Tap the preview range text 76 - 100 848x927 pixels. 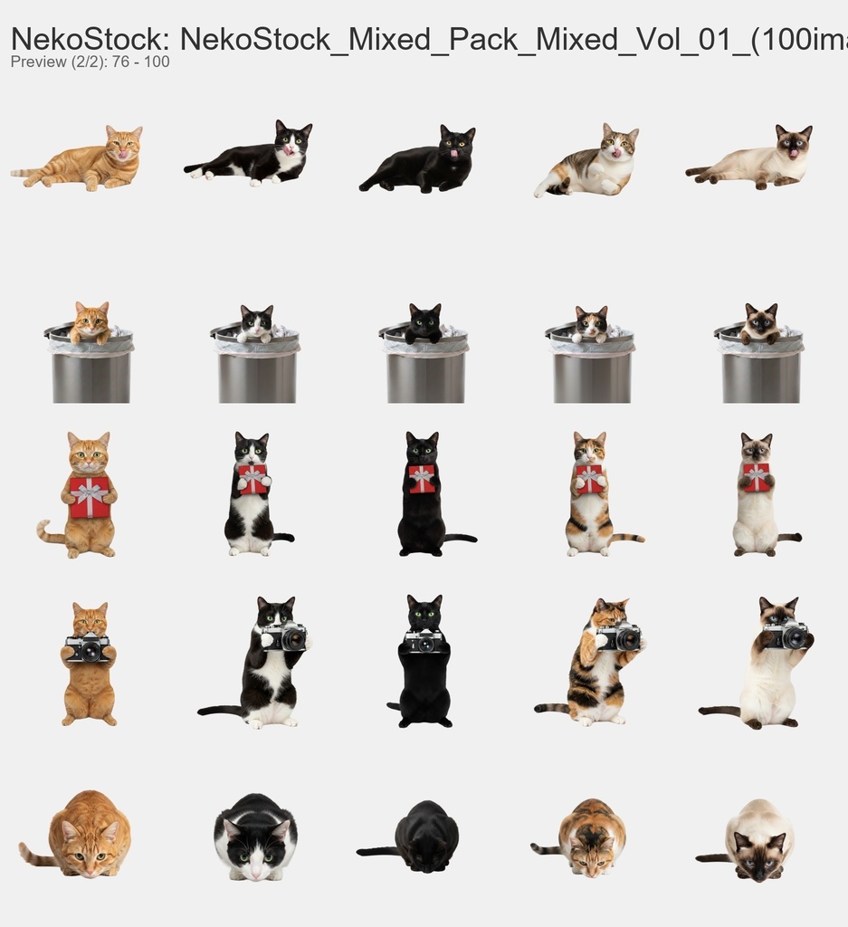[x=140, y=62]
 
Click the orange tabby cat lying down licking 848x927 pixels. [x=86, y=160]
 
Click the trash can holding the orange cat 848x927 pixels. [x=91, y=371]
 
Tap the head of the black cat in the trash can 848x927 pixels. [x=424, y=320]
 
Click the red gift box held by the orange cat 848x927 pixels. [x=89, y=497]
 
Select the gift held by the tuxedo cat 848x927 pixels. [x=252, y=479]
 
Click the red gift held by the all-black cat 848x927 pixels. [x=422, y=478]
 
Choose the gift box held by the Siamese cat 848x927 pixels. [x=757, y=477]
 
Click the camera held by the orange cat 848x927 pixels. [x=88, y=648]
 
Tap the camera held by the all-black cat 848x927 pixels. [x=424, y=642]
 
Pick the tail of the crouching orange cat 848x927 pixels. [x=36, y=854]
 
